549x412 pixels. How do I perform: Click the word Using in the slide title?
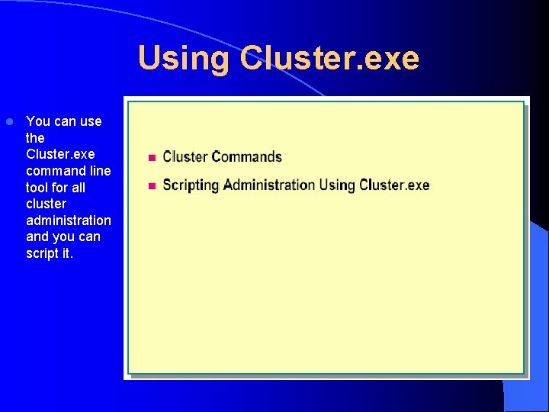coord(183,59)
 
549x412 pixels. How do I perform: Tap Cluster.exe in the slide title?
coord(329,59)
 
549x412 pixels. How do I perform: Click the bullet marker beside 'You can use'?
coord(9,122)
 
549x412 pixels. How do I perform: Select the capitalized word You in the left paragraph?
coord(37,121)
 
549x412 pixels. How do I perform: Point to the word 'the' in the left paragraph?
coord(35,138)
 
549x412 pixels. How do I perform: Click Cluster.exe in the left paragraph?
coord(60,154)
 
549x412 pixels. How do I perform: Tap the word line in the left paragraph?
coord(99,171)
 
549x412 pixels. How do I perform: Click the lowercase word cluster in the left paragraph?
coord(46,204)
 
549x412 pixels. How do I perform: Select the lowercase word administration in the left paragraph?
coord(69,220)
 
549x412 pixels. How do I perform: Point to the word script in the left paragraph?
coord(42,253)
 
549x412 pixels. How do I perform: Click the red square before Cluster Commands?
coord(152,158)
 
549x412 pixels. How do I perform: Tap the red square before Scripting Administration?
coord(152,185)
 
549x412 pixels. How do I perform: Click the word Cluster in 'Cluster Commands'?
coord(185,157)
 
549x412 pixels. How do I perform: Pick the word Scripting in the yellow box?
coord(191,185)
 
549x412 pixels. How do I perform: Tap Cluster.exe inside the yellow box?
coord(394,185)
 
